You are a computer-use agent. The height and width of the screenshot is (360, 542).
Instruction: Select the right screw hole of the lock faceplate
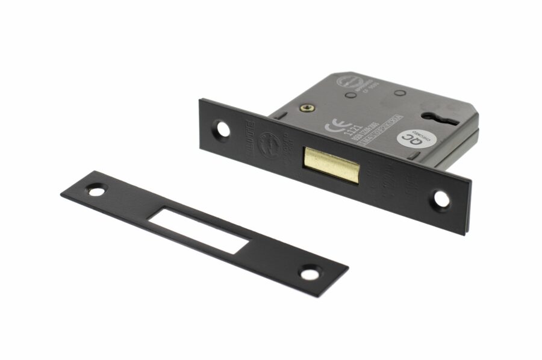tap(442, 199)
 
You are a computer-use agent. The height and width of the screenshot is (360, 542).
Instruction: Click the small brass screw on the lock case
tap(308, 108)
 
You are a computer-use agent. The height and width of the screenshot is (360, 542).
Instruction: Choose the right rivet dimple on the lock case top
tap(398, 93)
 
